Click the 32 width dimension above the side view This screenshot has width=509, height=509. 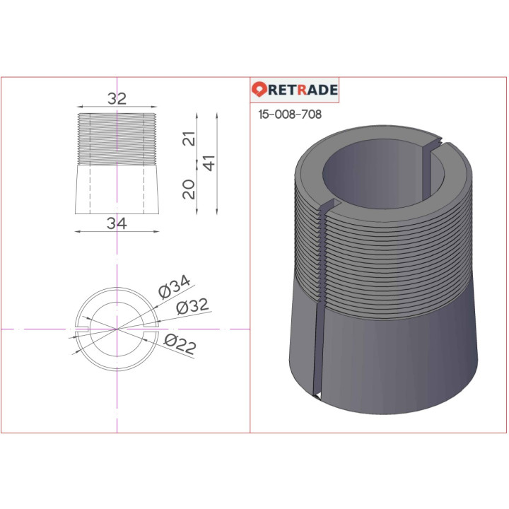tap(117, 99)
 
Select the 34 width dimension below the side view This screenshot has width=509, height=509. tap(117, 223)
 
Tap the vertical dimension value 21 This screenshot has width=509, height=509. tap(189, 139)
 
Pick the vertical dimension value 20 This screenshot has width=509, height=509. tap(189, 189)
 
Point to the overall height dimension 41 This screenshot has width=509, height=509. tap(207, 164)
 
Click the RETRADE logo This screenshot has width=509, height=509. tap(296, 90)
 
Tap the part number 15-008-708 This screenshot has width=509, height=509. tap(291, 115)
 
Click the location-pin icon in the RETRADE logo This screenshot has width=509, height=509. tap(259, 90)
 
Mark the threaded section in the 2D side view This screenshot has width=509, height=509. tap(117, 139)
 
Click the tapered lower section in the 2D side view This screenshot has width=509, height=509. tap(117, 189)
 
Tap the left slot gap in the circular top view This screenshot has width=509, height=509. tap(81, 329)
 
